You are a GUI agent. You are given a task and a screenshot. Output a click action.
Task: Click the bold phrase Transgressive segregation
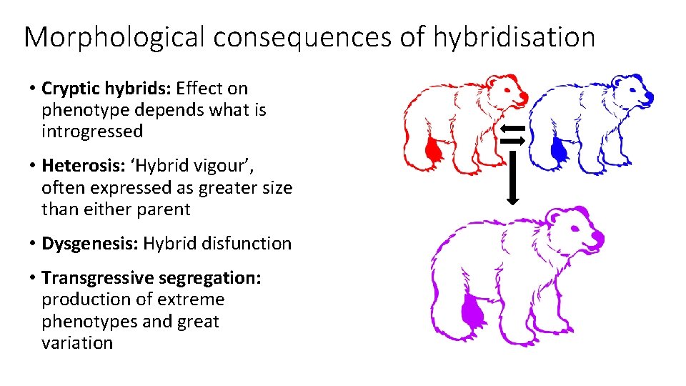tap(151, 277)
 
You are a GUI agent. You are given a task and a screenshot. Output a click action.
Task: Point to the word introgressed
tap(92, 132)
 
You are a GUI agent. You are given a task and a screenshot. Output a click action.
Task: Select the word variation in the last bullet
tap(77, 342)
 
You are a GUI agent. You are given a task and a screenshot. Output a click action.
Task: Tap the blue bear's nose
tap(649, 96)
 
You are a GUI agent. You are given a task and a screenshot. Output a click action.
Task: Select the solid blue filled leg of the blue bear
tap(558, 151)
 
